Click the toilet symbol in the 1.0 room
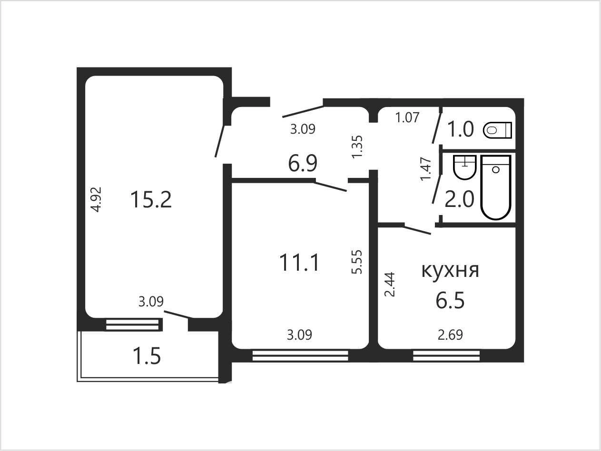[497, 130]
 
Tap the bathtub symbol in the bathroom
[496, 187]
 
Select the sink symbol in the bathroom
[464, 167]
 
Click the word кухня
[451, 271]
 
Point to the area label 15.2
[151, 199]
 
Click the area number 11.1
[299, 263]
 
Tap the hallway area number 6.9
[303, 163]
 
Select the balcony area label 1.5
[147, 356]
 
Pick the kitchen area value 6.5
[450, 300]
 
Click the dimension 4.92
[97, 199]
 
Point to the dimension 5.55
[357, 262]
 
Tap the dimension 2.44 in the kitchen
[390, 284]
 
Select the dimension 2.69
[451, 335]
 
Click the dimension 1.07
[407, 118]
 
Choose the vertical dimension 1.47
[426, 169]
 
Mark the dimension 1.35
[357, 147]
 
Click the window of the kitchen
[446, 356]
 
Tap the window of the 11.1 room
[300, 356]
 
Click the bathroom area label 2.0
[459, 199]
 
